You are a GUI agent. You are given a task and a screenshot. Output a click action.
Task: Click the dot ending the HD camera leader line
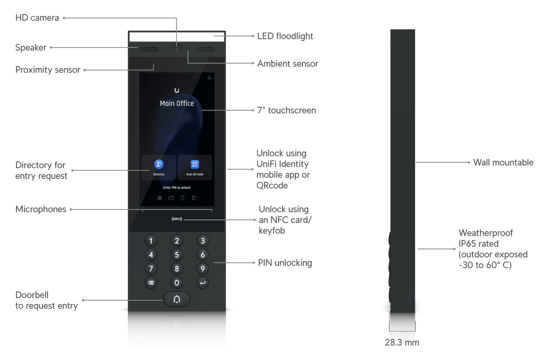64,18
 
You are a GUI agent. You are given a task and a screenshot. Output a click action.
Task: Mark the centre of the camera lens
176,49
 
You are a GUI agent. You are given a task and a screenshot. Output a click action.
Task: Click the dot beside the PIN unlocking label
253,263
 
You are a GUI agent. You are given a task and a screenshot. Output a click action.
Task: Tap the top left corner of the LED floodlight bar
130,33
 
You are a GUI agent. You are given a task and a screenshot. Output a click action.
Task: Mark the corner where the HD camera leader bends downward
176,18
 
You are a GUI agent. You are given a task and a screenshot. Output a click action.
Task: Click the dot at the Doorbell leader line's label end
83,300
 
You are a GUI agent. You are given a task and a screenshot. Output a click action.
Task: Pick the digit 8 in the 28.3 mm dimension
393,342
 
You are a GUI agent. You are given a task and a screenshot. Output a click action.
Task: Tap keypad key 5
176,255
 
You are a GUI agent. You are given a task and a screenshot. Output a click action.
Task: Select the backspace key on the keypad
151,283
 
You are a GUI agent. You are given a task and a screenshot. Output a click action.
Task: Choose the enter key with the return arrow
203,283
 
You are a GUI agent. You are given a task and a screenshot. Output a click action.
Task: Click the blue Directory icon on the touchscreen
159,164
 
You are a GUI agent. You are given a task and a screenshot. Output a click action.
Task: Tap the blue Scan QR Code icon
195,164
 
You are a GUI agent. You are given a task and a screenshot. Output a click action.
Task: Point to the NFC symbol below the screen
177,219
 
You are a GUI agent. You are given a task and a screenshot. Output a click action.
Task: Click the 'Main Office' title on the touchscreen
177,103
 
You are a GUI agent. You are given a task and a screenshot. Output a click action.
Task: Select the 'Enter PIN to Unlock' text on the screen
177,188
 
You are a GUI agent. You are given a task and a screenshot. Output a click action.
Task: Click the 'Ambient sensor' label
288,64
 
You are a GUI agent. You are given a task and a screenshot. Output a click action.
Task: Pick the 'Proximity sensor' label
47,70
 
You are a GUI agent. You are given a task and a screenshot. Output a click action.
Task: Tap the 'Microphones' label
41,209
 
